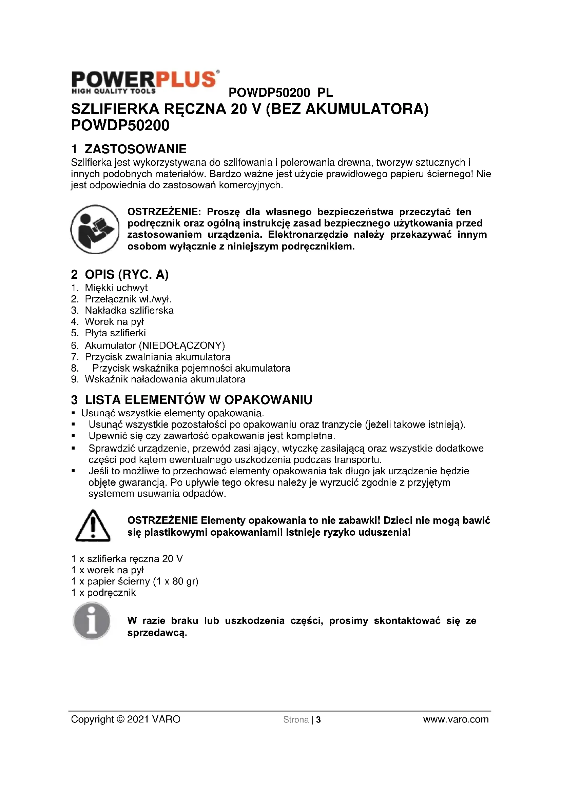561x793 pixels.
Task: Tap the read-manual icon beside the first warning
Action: tap(95, 229)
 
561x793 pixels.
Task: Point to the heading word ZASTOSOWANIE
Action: tap(135, 149)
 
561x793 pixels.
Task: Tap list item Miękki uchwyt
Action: tap(116, 288)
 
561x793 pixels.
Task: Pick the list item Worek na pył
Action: tap(114, 321)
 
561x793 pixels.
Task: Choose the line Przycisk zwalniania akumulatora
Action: tap(157, 356)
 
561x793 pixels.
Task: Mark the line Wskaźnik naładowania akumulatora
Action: tap(165, 379)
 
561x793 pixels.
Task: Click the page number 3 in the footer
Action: tap(318, 720)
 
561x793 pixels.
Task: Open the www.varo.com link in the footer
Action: tap(456, 719)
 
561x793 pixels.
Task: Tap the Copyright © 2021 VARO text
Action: tap(125, 719)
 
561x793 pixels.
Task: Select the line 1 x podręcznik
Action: tap(104, 593)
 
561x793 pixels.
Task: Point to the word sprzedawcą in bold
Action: tap(157, 633)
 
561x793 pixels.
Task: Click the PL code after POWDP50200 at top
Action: tap(325, 93)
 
